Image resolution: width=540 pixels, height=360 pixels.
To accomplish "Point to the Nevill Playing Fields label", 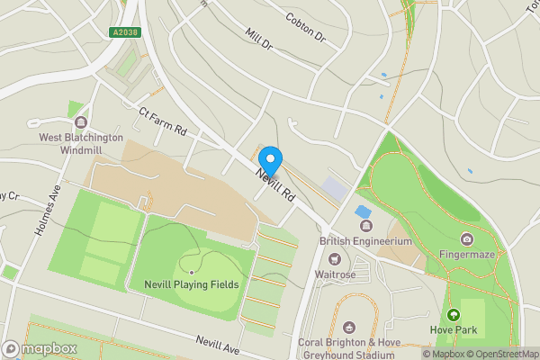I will point(192,284).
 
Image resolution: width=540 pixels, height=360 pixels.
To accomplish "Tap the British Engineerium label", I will point(365,241).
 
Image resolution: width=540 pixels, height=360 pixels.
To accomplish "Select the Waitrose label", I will point(335,274).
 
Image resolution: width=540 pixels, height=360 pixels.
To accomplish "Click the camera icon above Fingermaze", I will point(467,238).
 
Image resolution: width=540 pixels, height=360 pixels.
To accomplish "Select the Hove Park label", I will point(453,331).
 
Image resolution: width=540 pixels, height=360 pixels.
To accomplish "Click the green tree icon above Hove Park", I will point(453,315).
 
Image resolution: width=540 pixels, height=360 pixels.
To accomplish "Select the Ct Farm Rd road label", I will point(162,121).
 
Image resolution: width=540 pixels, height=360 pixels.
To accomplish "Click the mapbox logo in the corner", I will point(40,349).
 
